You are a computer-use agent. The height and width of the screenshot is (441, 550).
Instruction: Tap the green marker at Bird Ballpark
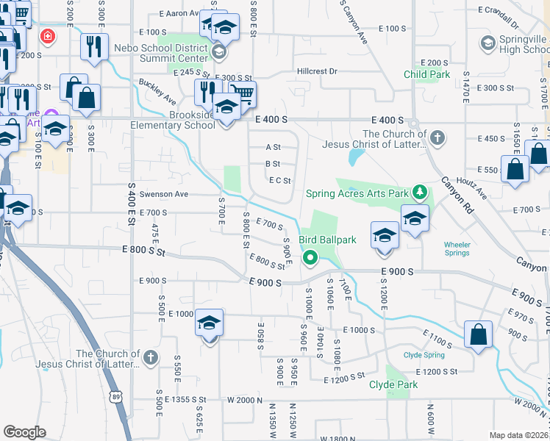pos(310,257)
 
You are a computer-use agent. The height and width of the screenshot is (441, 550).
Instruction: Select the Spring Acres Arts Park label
pos(357,193)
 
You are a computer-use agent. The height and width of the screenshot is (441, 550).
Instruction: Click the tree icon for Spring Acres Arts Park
pos(419,193)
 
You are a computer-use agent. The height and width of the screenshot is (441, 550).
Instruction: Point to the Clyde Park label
pos(393,384)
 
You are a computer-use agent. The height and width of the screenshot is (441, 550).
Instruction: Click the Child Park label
pos(426,74)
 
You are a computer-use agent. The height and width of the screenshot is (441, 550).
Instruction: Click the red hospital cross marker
pos(48,36)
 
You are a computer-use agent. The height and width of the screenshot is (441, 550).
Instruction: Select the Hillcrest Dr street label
pos(317,71)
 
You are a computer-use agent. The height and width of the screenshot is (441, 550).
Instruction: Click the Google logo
pos(24,432)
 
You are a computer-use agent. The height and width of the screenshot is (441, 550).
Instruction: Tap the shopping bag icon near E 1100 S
pos(479,334)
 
